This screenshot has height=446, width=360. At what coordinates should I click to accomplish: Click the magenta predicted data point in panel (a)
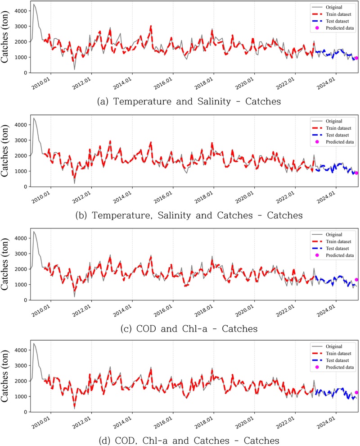(356, 58)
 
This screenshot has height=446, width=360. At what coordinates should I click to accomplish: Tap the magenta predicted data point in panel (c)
(356, 280)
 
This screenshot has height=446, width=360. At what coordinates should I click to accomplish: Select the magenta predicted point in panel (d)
(356, 392)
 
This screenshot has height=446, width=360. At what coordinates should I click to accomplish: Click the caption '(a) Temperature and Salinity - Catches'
(189, 102)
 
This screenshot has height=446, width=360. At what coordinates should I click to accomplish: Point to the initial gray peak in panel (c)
(34, 232)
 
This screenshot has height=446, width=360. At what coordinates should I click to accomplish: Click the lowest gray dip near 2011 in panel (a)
(75, 69)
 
